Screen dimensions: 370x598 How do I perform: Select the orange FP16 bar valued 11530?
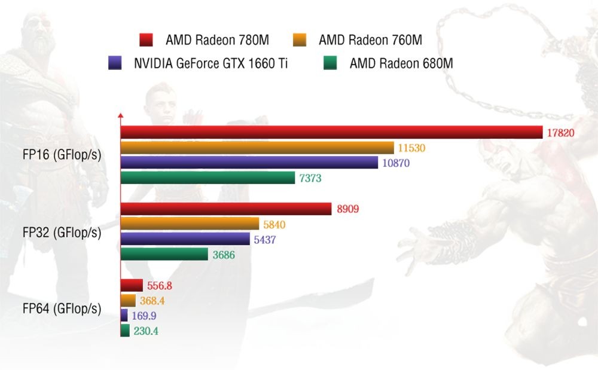[257, 148]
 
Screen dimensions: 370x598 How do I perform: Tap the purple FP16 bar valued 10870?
[249, 163]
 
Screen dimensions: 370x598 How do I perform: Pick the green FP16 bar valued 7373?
[208, 178]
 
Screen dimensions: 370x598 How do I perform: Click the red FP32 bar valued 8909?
[226, 209]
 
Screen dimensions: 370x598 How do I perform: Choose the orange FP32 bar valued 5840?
[190, 224]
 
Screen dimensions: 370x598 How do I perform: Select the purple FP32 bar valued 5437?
[185, 239]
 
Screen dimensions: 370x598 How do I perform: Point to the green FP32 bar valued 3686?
[164, 255]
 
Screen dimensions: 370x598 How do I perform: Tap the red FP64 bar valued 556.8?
[132, 285]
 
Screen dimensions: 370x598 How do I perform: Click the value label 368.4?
[154, 300]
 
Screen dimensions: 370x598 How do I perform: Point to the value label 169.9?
[145, 316]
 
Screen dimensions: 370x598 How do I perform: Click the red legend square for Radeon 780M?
[146, 40]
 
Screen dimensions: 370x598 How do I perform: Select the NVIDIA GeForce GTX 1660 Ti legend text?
[210, 63]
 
